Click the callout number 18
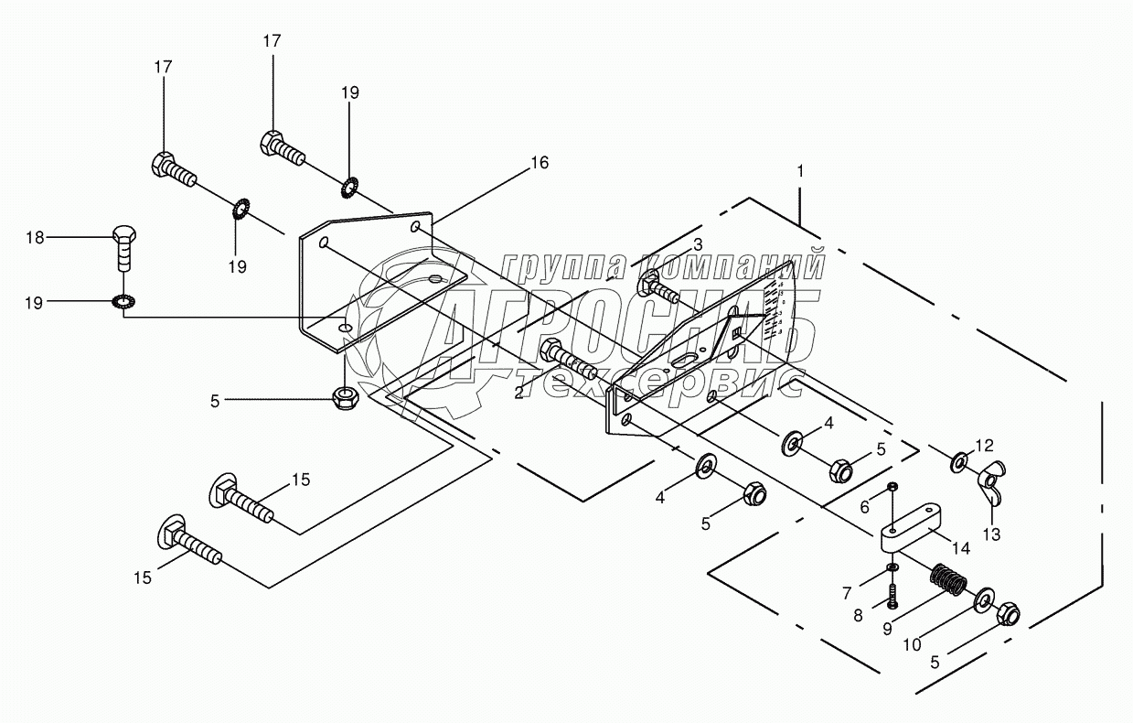point(35,238)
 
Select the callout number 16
point(539,163)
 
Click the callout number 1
point(801,171)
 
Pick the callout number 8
point(858,616)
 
